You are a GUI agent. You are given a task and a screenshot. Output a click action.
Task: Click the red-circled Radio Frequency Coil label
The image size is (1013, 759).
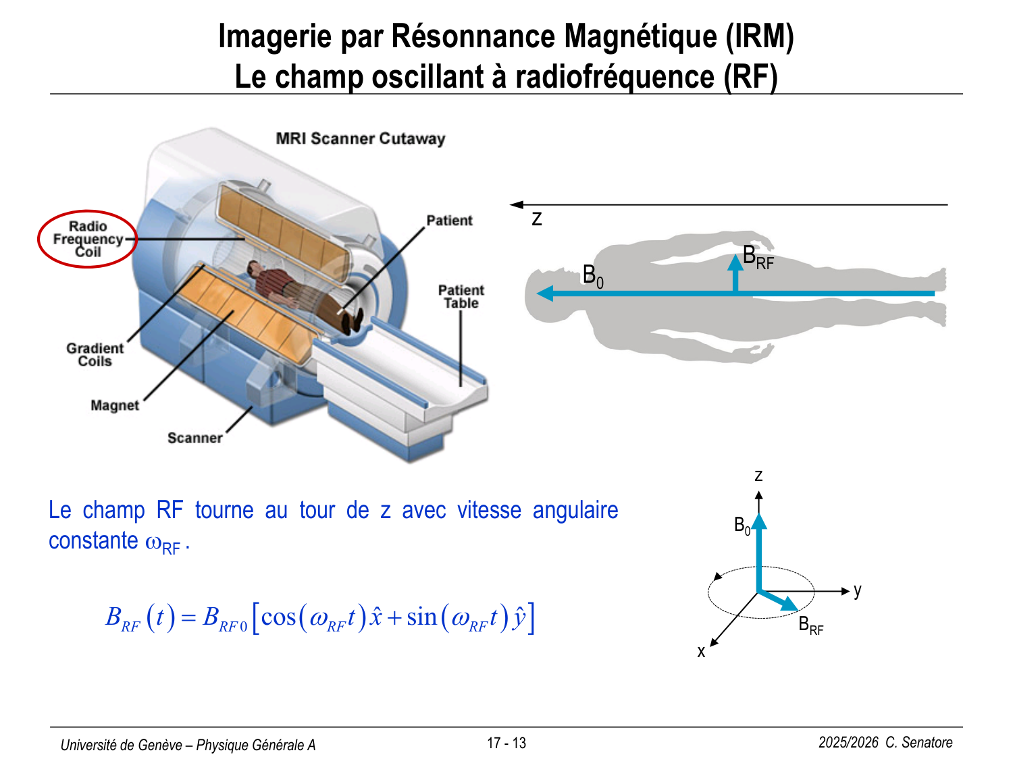pos(87,239)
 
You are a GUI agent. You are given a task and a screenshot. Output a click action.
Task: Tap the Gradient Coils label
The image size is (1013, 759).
pos(95,354)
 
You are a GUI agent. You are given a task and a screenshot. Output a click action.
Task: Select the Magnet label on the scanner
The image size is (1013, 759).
pos(115,405)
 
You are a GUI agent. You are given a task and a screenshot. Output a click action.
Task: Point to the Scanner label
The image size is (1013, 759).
pos(194,438)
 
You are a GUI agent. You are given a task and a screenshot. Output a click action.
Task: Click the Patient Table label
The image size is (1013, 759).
pos(461,296)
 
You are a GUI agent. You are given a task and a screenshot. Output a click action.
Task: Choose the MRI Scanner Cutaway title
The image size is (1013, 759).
pos(361,138)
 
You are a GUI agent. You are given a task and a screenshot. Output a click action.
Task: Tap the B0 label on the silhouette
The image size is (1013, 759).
pos(592,276)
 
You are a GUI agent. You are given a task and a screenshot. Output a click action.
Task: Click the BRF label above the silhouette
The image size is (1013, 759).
pos(757,257)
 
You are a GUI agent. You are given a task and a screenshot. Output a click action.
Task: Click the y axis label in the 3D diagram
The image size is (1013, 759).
pos(857,590)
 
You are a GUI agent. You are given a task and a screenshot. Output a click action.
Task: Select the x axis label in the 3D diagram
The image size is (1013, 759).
pos(701,652)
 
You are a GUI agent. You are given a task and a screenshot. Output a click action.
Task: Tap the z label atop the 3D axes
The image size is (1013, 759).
pos(758,476)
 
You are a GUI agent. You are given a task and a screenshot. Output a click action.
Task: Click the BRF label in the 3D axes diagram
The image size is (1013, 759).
pos(810,625)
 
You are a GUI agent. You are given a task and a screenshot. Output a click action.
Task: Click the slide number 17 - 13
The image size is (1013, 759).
pos(506,743)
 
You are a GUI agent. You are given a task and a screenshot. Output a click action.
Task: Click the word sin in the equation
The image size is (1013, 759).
pos(421,617)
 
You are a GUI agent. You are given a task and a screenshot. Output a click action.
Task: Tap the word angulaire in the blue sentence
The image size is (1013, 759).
pos(575,510)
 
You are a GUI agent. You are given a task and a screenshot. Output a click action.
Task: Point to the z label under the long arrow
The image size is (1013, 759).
pos(537,219)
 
